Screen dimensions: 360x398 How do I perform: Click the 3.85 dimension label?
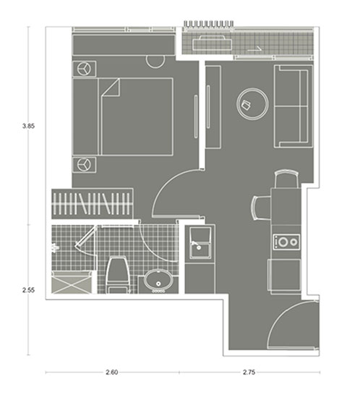pos(28,126)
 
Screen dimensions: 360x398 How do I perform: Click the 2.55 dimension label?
pos(28,290)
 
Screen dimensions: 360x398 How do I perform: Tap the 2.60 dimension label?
pos(112,373)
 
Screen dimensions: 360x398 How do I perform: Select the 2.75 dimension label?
pos(249,373)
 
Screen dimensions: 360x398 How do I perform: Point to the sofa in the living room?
pos(293,106)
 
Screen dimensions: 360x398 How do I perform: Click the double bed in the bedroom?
pos(123,117)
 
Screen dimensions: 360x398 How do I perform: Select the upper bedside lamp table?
pos(85,69)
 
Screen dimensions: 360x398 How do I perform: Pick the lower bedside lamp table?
pos(85,165)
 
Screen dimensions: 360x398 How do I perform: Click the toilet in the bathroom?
pos(117,275)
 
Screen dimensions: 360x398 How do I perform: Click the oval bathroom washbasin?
pos(159,280)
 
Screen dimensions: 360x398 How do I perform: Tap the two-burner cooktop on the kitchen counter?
pos(286,242)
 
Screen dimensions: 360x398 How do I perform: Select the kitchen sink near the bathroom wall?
pos(200,243)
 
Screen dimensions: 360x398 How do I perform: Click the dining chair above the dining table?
pos(287,179)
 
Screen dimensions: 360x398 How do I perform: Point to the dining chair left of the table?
pos(262,208)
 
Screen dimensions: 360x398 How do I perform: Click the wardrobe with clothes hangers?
pos(93,203)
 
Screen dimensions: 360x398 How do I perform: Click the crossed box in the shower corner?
pos(72,282)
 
